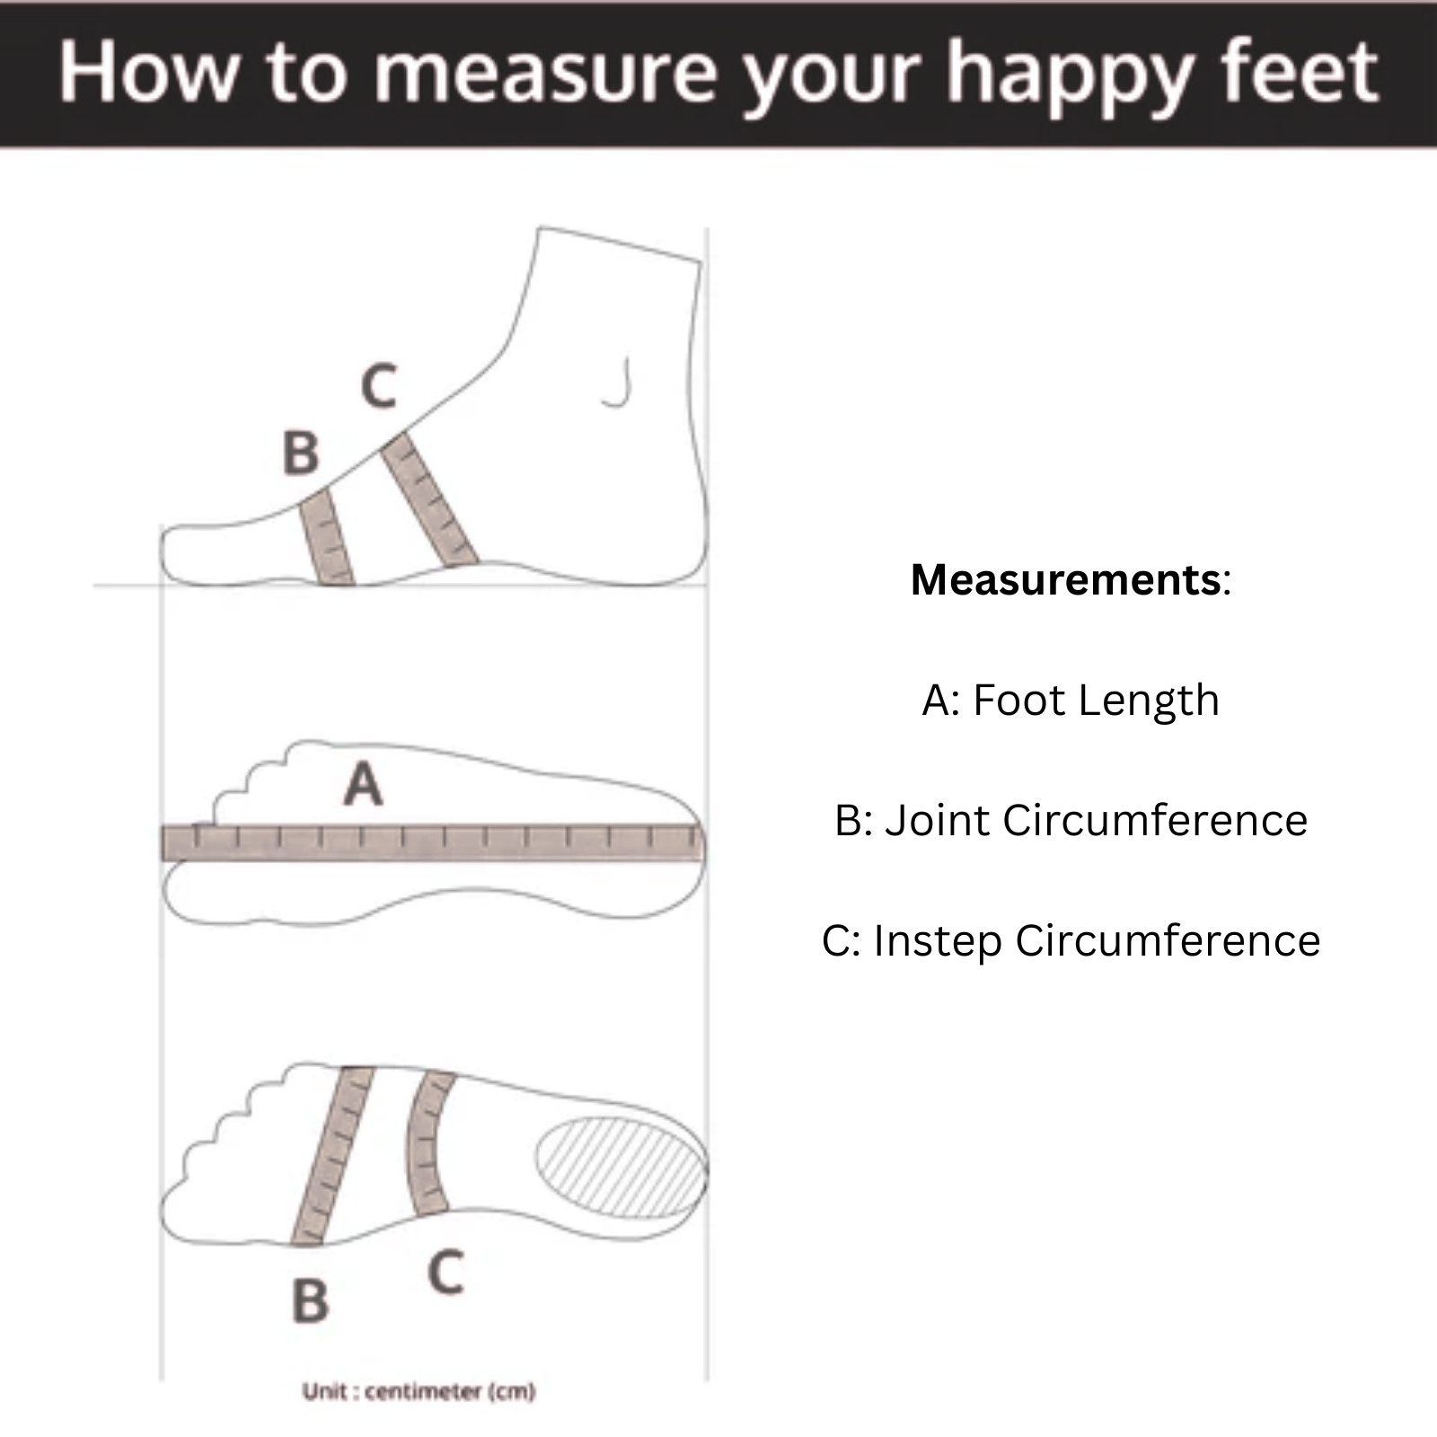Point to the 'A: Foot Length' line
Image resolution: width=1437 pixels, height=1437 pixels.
pyautogui.click(x=1071, y=701)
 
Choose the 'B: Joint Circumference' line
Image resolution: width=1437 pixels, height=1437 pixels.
pyautogui.click(x=1071, y=820)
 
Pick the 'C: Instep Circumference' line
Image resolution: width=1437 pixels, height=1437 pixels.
pyautogui.click(x=1071, y=941)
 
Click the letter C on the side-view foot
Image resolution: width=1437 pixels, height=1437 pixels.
pyautogui.click(x=379, y=386)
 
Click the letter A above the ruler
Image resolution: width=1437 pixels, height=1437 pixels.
pyautogui.click(x=363, y=784)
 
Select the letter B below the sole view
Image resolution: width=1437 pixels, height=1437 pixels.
pyautogui.click(x=311, y=1301)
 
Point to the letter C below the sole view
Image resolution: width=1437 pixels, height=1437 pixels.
pyautogui.click(x=446, y=1273)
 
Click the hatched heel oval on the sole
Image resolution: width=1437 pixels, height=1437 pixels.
pyautogui.click(x=621, y=1167)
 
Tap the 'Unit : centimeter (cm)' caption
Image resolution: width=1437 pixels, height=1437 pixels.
pyautogui.click(x=419, y=1391)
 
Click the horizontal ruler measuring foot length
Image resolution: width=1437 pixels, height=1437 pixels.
pyautogui.click(x=432, y=843)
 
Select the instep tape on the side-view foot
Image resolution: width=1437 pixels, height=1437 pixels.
pyautogui.click(x=428, y=499)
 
